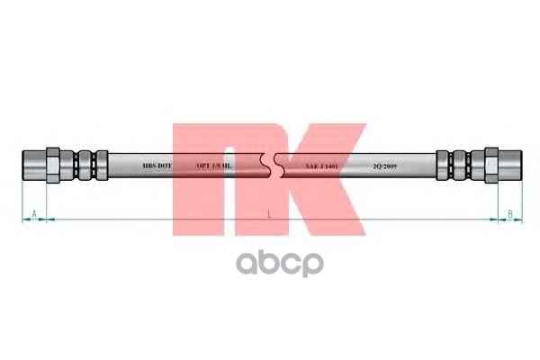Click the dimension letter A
coord(33,212)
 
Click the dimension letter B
coord(509,212)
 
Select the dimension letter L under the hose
coord(269,213)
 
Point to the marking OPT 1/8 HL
coord(215,166)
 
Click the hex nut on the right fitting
coord(490,165)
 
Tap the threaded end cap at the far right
coord(511,165)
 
